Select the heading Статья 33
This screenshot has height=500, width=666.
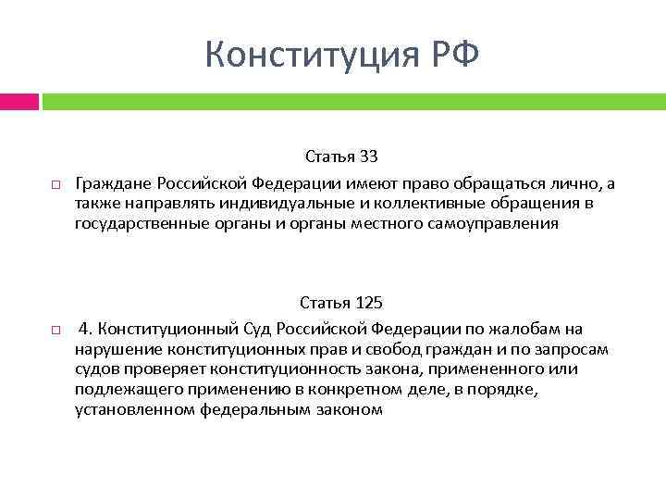click(x=342, y=158)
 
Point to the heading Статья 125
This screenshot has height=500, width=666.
click(x=341, y=304)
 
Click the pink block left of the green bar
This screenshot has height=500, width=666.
click(x=18, y=101)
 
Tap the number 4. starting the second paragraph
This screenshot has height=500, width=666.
click(x=86, y=329)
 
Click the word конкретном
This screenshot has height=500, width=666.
click(x=343, y=389)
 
